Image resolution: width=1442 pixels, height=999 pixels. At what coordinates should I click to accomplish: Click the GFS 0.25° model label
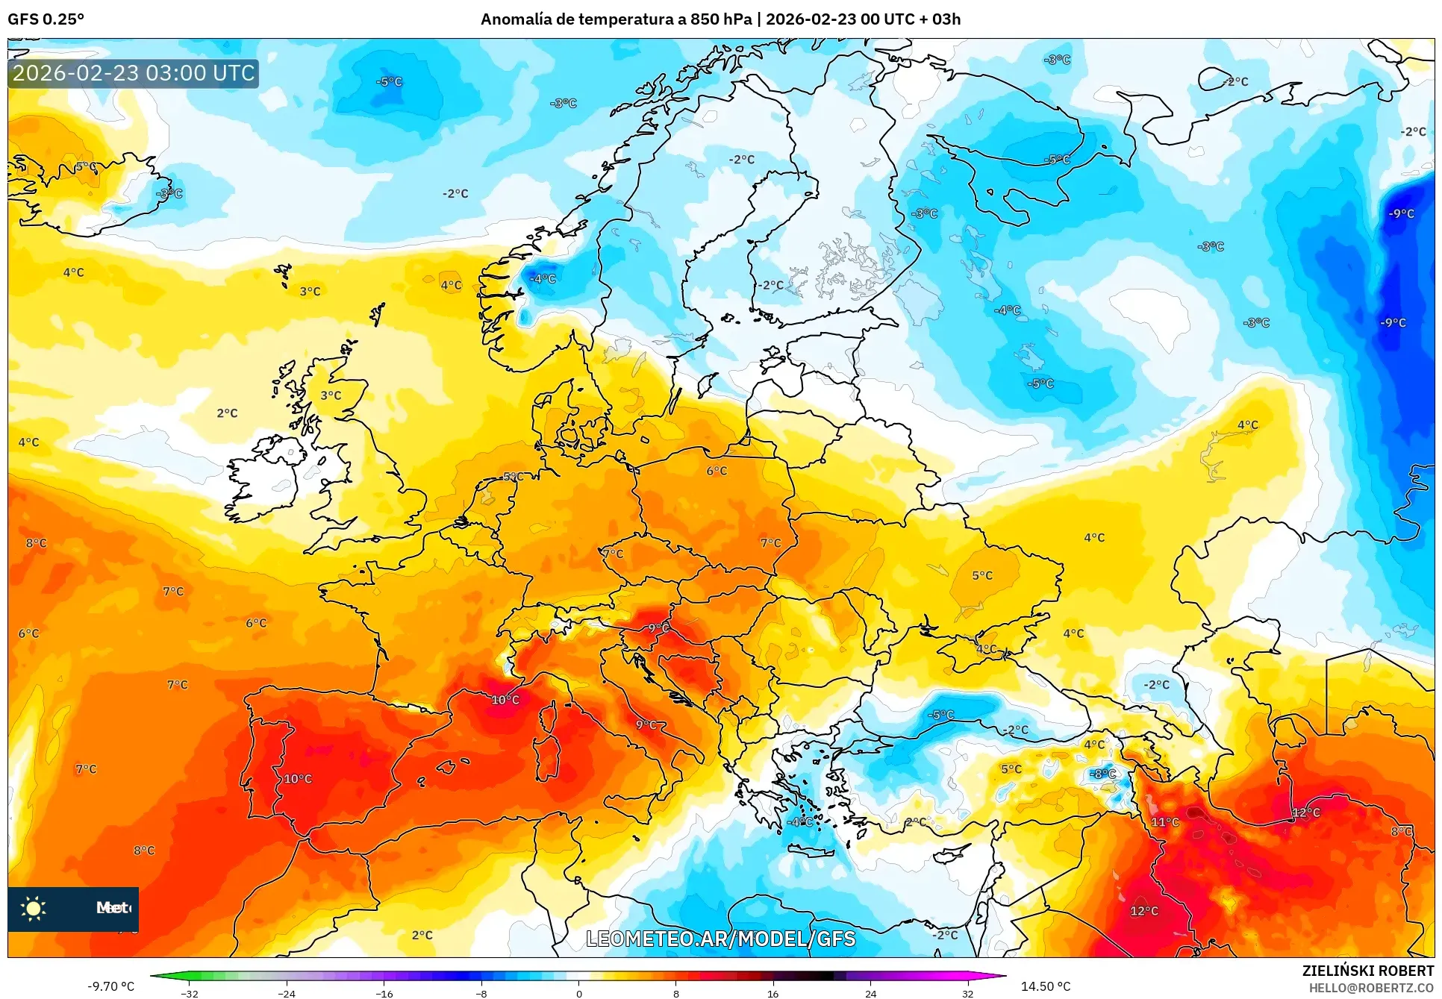pos(46,19)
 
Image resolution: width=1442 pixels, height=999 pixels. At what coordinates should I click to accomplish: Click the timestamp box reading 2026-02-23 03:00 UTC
pos(134,73)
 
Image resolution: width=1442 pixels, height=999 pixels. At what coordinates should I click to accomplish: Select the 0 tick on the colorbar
pos(578,993)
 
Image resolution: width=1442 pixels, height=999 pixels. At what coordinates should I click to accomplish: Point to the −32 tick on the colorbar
pos(190,993)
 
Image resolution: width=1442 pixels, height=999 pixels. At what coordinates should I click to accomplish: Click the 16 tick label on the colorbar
pos(772,993)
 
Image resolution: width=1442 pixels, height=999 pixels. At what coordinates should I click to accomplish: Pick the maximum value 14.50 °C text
pos(1045,986)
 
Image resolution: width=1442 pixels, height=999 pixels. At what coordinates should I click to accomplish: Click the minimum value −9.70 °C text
pos(111,986)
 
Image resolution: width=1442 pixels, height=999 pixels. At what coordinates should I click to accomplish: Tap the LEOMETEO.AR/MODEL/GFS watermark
pos(720,939)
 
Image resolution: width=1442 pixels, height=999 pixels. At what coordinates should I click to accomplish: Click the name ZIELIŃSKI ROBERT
pos(1367,971)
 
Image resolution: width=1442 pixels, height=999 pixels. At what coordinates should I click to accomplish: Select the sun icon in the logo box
pos(34,908)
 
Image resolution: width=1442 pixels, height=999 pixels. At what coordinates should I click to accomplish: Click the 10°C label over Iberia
pos(297,779)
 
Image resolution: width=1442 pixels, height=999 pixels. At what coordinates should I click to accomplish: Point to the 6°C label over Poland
pos(717,471)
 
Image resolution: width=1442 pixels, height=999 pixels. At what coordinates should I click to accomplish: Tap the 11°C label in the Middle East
pos(1164,822)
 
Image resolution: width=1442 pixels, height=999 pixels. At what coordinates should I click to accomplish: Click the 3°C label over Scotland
pos(331,395)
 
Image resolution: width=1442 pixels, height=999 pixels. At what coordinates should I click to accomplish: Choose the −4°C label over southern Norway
pos(543,279)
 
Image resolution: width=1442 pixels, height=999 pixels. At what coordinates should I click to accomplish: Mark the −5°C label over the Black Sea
pos(940,715)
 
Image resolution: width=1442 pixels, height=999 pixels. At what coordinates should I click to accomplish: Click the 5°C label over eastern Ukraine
pos(982,575)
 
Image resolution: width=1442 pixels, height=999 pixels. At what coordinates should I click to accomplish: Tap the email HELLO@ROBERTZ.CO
pos(1371,988)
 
